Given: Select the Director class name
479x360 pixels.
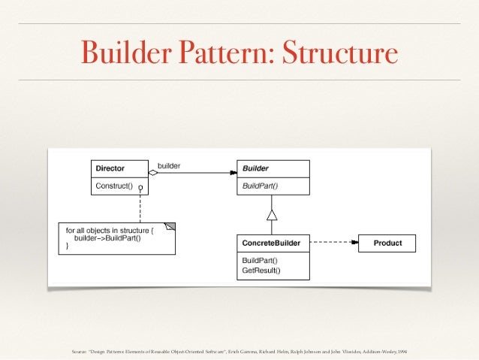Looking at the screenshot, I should coord(110,168).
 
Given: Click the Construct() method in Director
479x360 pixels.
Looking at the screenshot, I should coord(113,185).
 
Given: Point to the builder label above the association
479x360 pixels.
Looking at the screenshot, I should coord(169,165).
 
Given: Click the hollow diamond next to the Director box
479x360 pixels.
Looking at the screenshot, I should coord(153,173).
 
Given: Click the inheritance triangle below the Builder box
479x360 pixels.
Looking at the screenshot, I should coord(272,215).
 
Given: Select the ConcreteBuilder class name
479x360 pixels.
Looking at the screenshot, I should coord(273,243).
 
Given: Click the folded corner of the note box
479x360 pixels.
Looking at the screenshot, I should coord(170,225).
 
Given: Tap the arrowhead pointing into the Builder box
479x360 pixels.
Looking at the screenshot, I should coord(233,173).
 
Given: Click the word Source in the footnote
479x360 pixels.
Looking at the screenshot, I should coord(77,350).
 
